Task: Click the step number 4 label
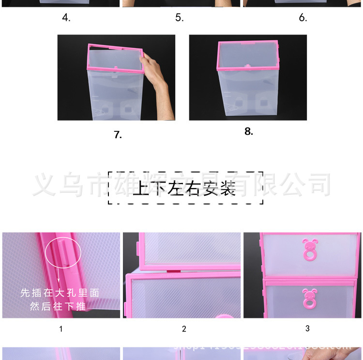pos(66,18)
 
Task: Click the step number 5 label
pos(180,18)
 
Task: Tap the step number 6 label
pos(303,18)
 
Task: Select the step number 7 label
pos(118,135)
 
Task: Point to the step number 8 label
pos(249,131)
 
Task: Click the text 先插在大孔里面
pos(60,293)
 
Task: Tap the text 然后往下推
pos(60,306)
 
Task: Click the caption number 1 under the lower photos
pos(60,329)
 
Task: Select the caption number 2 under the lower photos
pos(184,329)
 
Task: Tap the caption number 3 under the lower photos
pos(307,329)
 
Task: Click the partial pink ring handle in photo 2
pos(222,316)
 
